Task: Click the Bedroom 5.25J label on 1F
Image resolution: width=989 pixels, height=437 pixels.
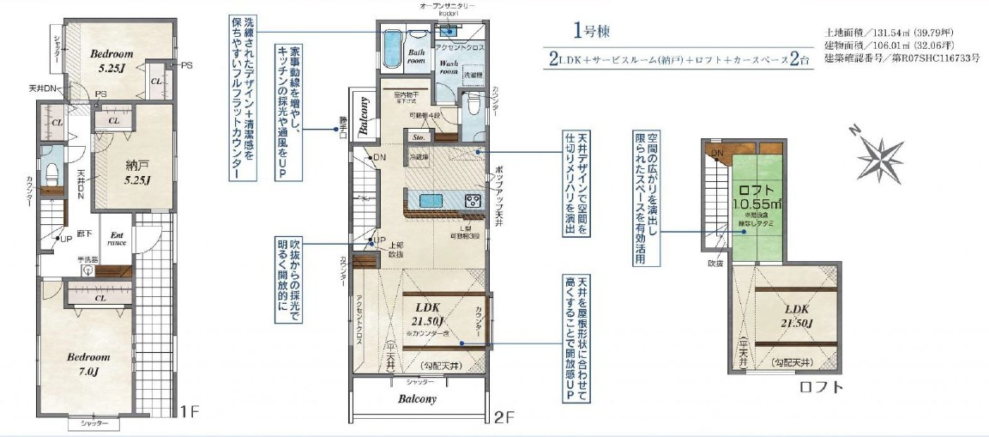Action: [x=112, y=60]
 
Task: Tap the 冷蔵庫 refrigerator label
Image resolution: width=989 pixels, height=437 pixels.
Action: [x=419, y=157]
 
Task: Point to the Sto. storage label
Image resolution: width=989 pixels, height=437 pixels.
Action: [x=420, y=136]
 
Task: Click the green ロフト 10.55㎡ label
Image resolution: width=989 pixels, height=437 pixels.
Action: [x=757, y=196]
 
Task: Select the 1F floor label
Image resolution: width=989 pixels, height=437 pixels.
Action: [x=190, y=411]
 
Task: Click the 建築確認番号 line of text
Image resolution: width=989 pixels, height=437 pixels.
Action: [x=901, y=58]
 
